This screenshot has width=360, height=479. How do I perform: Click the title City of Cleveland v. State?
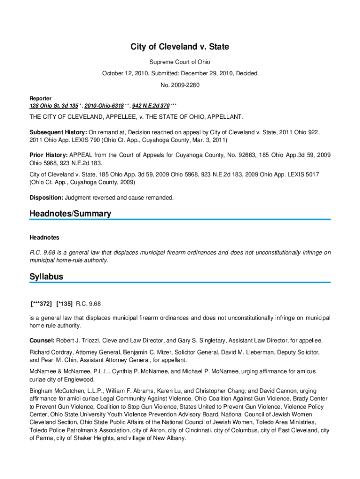tap(180, 47)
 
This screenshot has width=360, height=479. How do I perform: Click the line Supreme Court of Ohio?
tap(180, 62)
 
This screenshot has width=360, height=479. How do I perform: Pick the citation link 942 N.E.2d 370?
tap(151, 106)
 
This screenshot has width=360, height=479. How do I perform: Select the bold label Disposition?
tap(46, 197)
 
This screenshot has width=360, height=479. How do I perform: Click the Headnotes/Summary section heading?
tap(70, 214)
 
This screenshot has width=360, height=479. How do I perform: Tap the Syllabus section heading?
tap(46, 277)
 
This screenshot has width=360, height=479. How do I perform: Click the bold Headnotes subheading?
tap(44, 238)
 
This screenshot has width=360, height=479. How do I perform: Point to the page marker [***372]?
tap(41, 304)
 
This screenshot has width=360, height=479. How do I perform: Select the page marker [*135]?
tap(64, 304)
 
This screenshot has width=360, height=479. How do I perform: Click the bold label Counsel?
tap(42, 340)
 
